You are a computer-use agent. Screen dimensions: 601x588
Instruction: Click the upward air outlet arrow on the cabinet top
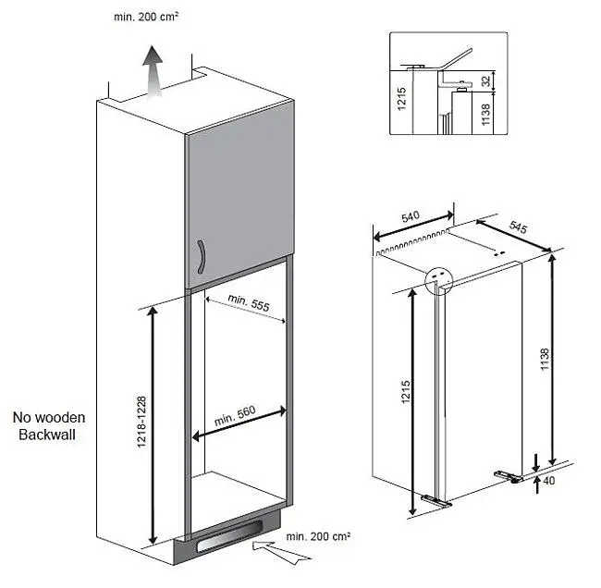tap(153, 72)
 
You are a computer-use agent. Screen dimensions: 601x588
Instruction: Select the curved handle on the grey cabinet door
tap(202, 257)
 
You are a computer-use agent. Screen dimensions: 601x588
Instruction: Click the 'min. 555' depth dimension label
tap(249, 303)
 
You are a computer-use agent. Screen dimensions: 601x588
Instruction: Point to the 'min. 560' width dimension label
tap(235, 415)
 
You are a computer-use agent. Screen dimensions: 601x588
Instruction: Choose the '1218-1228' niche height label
tap(141, 422)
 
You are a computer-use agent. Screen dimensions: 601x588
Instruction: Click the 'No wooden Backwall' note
tap(49, 426)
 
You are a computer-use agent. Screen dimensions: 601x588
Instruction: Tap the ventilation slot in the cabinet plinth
tap(229, 536)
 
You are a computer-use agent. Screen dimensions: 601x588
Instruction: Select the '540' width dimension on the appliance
tap(411, 217)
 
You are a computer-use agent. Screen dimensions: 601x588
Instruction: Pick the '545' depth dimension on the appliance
tap(518, 227)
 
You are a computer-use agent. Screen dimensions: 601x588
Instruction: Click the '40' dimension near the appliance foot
tap(549, 480)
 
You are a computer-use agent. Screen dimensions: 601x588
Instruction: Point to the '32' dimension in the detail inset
tap(485, 81)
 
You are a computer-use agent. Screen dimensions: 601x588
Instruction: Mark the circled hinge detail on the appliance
tap(439, 280)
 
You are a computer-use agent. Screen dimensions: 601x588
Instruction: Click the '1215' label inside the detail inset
tap(401, 99)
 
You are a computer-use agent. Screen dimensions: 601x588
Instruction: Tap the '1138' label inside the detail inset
tap(485, 115)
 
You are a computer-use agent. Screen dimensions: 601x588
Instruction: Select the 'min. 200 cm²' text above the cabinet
tap(146, 17)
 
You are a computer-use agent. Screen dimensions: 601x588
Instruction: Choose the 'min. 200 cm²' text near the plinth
tap(318, 536)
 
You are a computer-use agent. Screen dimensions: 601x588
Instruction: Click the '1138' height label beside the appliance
tap(545, 359)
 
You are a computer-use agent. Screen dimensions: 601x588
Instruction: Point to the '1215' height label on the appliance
tap(406, 392)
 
